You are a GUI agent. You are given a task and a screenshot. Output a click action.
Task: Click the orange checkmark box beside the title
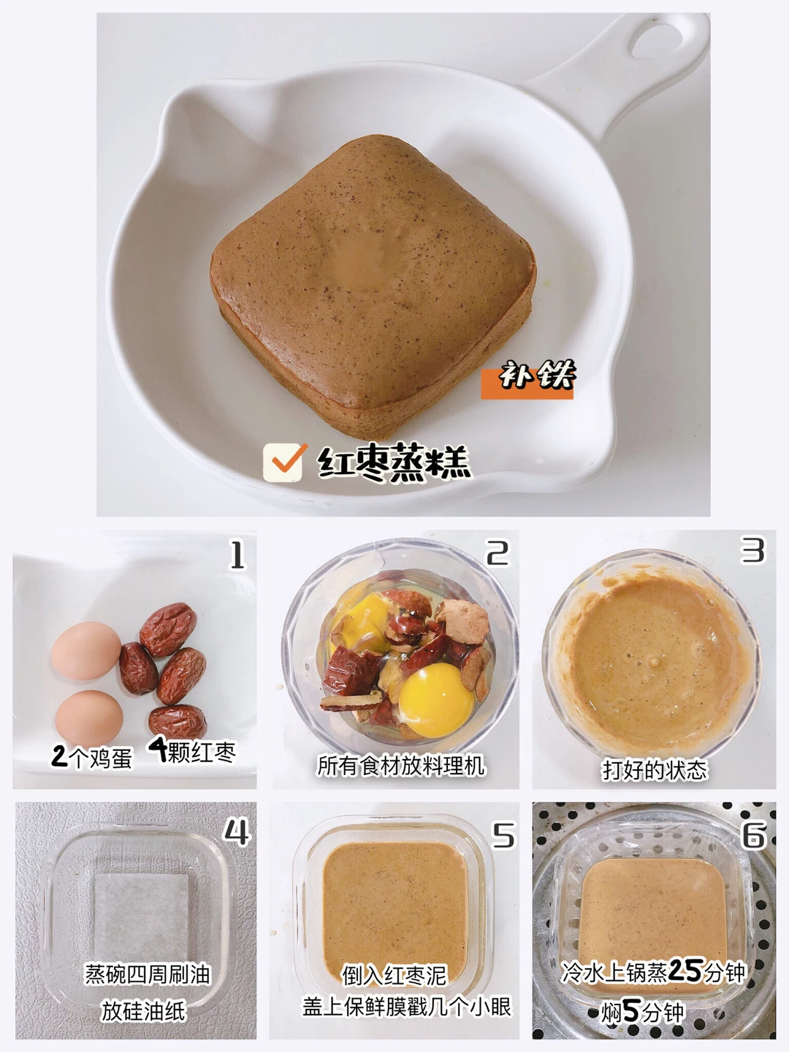coord(283,462)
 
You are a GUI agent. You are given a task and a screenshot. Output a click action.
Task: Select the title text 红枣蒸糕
coord(394,462)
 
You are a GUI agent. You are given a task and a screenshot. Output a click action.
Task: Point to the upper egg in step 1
coord(86,650)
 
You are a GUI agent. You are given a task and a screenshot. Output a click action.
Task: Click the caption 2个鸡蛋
coord(91,757)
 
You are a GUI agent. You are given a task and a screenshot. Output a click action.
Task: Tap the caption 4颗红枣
coord(192,750)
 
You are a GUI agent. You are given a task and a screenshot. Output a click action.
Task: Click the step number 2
coord(498,553)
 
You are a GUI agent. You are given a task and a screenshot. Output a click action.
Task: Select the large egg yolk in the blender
coord(435,700)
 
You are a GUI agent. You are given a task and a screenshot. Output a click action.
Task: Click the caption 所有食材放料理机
coord(401,766)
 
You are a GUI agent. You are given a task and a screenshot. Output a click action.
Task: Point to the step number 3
coord(752,549)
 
